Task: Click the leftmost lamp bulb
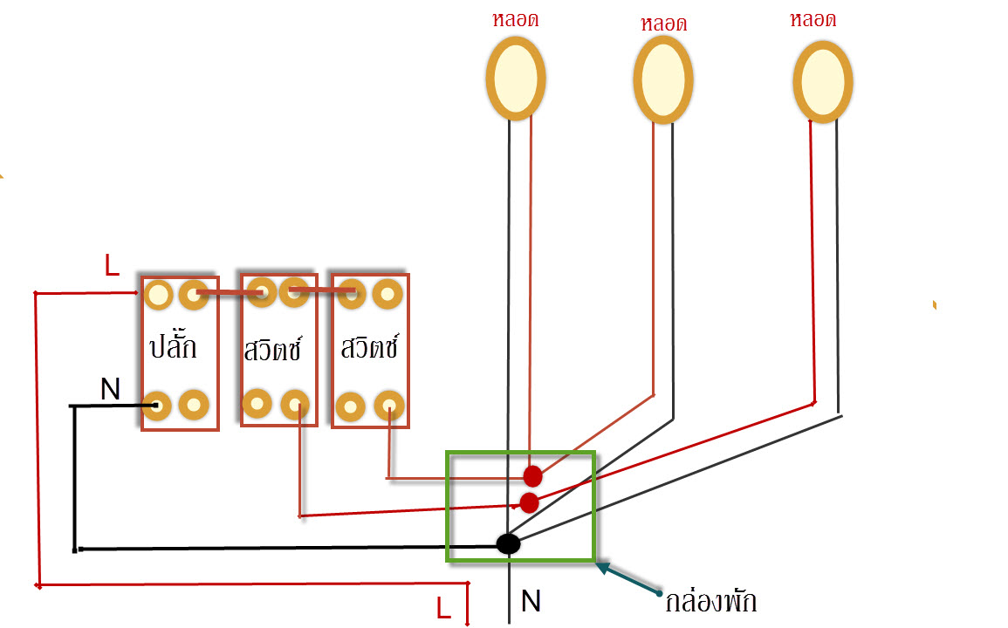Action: pyautogui.click(x=516, y=78)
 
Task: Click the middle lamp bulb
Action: pyautogui.click(x=663, y=79)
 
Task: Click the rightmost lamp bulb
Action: pyautogui.click(x=823, y=81)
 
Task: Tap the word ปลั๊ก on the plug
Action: pyautogui.click(x=173, y=345)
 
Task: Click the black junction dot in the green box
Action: pyautogui.click(x=508, y=543)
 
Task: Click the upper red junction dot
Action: pyautogui.click(x=532, y=476)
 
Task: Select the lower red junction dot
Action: pyautogui.click(x=529, y=502)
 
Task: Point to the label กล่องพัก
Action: pyautogui.click(x=710, y=602)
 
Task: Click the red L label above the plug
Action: pyautogui.click(x=112, y=266)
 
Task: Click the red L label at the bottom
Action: pyautogui.click(x=443, y=608)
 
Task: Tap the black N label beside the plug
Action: pyautogui.click(x=110, y=389)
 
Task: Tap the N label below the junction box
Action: pyautogui.click(x=531, y=600)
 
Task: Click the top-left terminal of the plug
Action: pyautogui.click(x=158, y=295)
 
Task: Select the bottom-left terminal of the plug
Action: pyautogui.click(x=157, y=406)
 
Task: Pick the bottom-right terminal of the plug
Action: pyautogui.click(x=194, y=405)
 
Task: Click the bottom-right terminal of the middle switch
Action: pyautogui.click(x=295, y=405)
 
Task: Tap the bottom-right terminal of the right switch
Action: pyautogui.click(x=387, y=406)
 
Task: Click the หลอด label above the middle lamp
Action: pyautogui.click(x=663, y=24)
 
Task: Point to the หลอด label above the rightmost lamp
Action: pyautogui.click(x=813, y=19)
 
